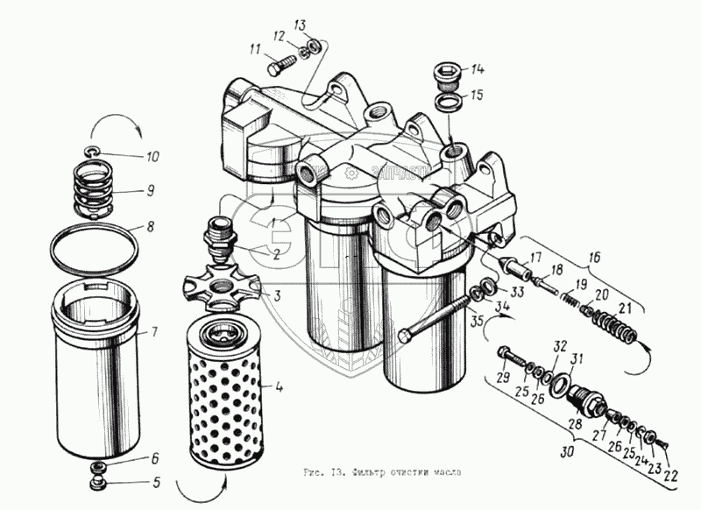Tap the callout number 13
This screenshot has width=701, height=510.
point(300,23)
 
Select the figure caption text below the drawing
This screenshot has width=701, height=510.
point(379,473)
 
